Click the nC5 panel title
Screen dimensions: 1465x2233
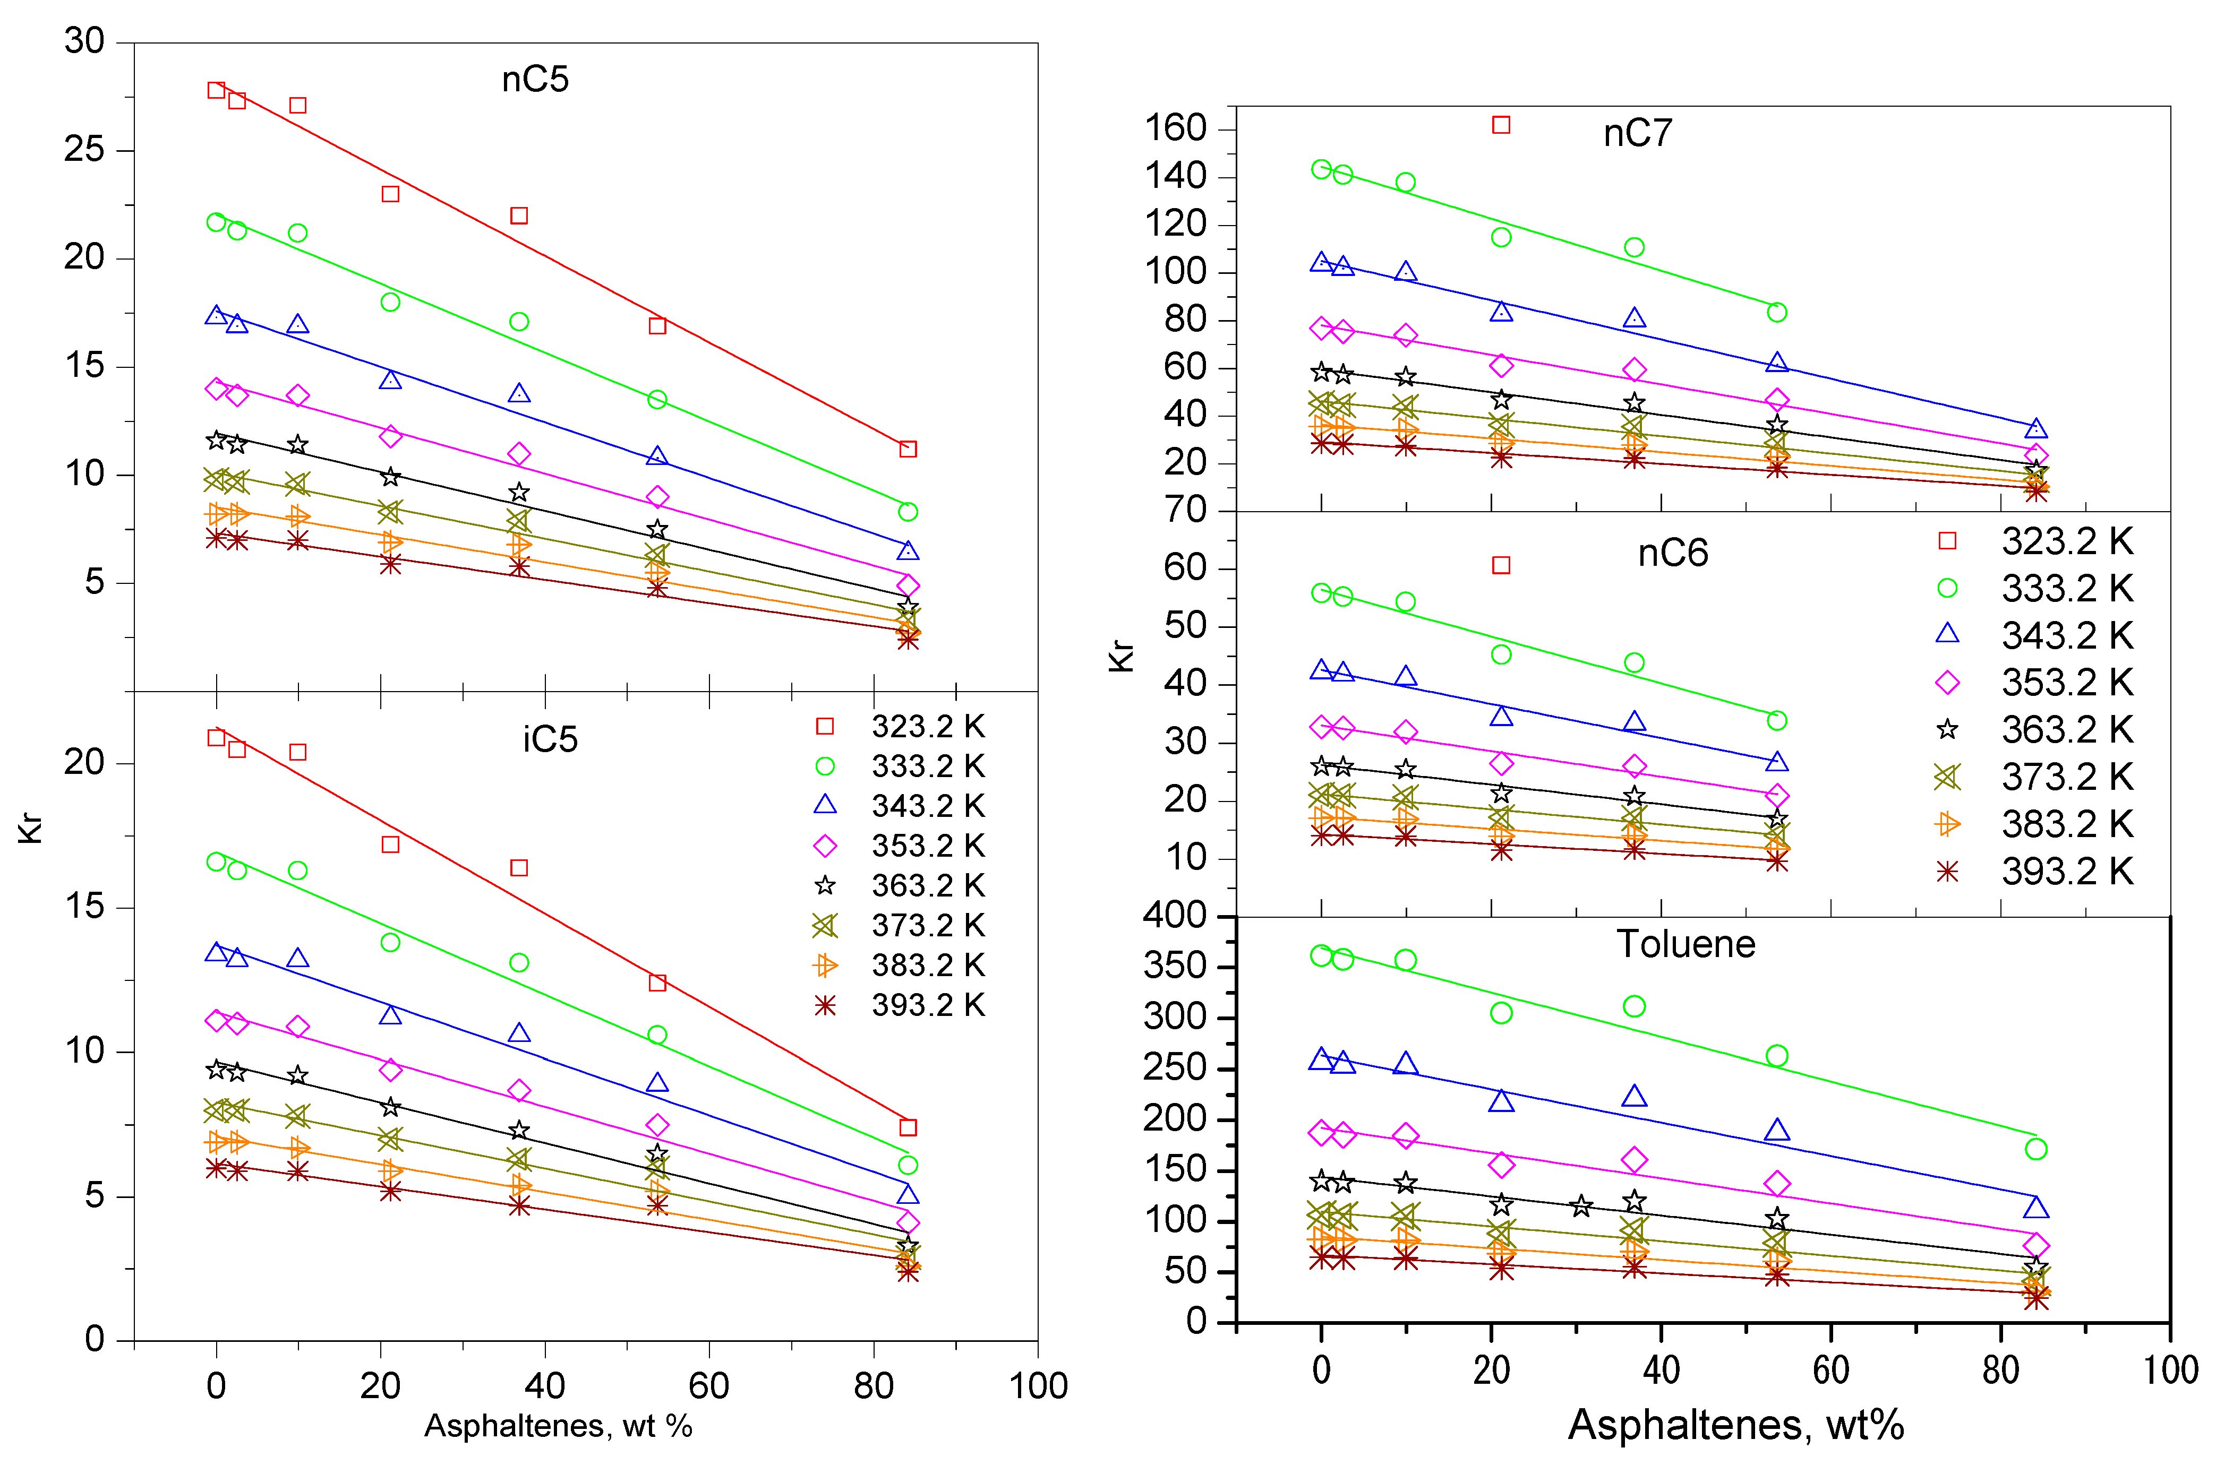[535, 80]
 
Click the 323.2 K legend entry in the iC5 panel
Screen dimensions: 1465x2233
[901, 727]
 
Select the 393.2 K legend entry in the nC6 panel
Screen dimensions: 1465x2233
[2036, 872]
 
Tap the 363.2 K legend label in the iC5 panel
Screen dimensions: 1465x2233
[928, 885]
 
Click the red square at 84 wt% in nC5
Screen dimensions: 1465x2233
[908, 449]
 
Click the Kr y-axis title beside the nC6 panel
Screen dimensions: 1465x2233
[1122, 657]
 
